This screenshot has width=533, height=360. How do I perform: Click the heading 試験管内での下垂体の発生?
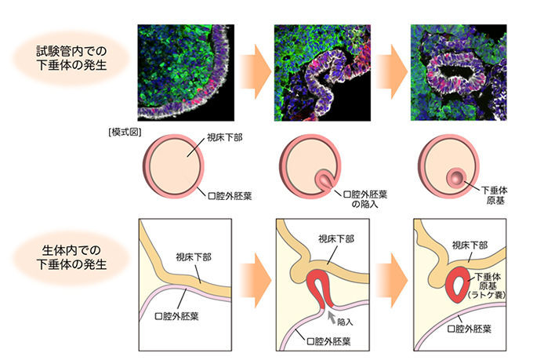(x=71, y=58)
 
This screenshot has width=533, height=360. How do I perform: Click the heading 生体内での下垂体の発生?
(x=71, y=257)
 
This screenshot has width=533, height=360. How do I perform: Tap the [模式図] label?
(x=125, y=132)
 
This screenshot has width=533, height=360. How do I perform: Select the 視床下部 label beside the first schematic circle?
(x=225, y=137)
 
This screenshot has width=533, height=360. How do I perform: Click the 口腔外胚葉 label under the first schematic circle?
(x=230, y=196)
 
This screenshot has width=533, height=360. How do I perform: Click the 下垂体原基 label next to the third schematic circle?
(x=495, y=195)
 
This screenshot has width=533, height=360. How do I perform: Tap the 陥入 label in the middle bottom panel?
(x=345, y=322)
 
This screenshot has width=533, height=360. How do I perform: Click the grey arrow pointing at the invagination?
(x=331, y=317)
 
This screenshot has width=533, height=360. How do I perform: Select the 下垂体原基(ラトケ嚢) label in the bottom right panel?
(x=487, y=285)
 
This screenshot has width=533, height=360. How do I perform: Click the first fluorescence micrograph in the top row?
(x=186, y=72)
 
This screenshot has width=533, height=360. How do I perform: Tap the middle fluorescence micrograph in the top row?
(x=323, y=72)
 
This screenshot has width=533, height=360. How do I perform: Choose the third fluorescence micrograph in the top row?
(x=459, y=72)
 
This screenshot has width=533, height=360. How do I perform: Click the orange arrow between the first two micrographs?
(x=255, y=72)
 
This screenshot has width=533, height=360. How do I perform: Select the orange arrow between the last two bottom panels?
(x=391, y=280)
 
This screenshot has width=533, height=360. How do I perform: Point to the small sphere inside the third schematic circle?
(x=455, y=177)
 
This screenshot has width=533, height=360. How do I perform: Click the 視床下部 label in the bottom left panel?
(x=194, y=257)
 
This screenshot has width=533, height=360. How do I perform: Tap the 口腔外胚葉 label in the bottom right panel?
(x=470, y=329)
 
